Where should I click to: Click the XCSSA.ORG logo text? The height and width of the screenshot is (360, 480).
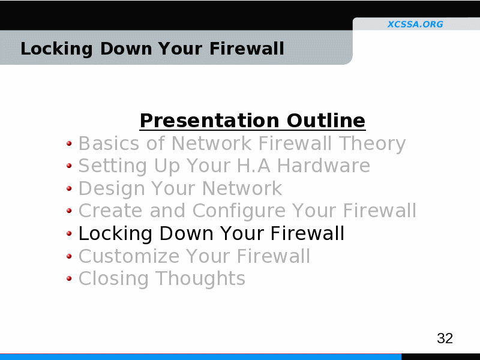pos(415,24)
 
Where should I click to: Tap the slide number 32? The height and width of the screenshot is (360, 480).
pos(445,338)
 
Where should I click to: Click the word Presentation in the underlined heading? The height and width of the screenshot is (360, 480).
pos(209,121)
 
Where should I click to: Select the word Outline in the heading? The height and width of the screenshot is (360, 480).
pos(326,121)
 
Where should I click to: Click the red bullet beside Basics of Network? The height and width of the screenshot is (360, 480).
pos(69,143)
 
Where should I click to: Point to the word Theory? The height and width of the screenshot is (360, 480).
pos(372,144)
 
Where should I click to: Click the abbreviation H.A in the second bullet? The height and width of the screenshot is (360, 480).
pos(253,166)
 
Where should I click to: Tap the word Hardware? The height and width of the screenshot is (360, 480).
pos(323,166)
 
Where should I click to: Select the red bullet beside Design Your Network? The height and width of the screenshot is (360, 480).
pos(69,188)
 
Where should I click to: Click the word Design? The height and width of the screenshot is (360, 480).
pos(112,188)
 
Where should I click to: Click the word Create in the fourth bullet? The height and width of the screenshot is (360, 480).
pos(110,211)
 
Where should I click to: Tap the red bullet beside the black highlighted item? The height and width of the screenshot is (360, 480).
pos(69,233)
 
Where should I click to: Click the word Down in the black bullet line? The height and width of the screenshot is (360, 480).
pos(186,233)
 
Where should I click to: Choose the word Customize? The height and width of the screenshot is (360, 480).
pos(129,256)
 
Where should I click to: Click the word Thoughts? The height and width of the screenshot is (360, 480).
pos(200,279)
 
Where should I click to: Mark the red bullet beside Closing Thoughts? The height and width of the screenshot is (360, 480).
pos(69,278)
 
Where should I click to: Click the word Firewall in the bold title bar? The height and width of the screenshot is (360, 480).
pos(247,49)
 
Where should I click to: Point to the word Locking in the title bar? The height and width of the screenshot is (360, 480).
pos(56,49)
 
